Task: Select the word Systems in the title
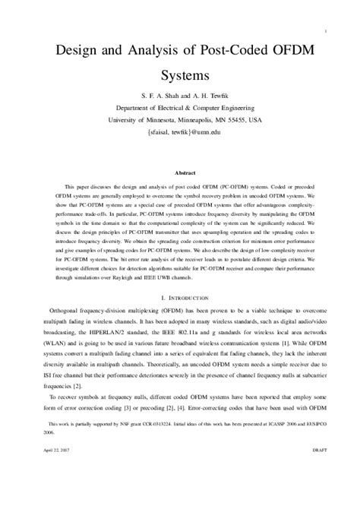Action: (179, 77)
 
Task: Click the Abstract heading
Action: (179, 172)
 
